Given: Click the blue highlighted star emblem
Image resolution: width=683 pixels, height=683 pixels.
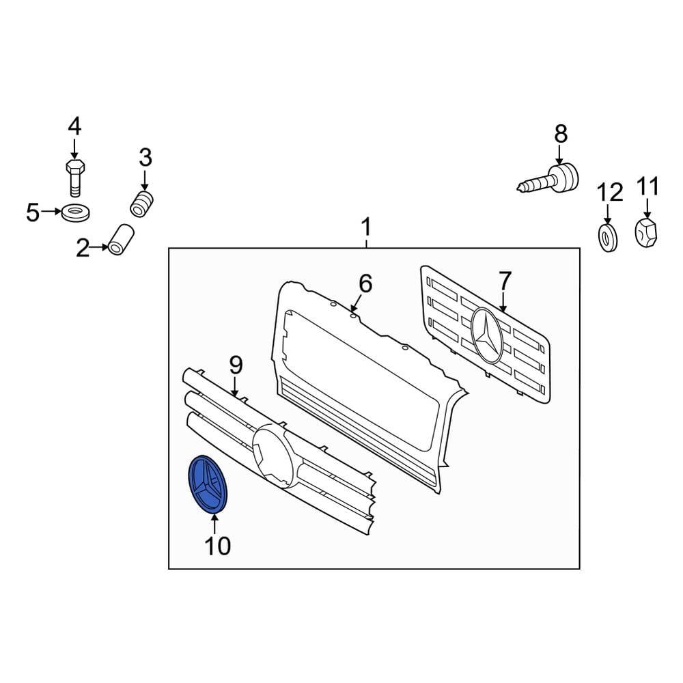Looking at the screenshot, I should click(x=208, y=484).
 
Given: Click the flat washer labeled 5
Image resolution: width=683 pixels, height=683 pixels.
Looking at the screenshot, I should click(x=75, y=212).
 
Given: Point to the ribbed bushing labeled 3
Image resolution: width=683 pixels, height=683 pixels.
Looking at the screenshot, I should click(x=142, y=204).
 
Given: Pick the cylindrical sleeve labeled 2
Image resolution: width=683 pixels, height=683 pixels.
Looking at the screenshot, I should click(x=121, y=240).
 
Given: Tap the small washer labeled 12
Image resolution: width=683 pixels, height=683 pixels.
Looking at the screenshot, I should click(x=607, y=236).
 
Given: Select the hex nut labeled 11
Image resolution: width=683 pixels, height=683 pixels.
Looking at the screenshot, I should click(x=647, y=233).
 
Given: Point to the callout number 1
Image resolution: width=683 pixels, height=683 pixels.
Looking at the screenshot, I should click(x=366, y=226).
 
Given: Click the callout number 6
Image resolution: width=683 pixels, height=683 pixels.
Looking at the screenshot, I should click(x=366, y=283).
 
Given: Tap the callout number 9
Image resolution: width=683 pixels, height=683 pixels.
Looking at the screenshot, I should click(x=235, y=365).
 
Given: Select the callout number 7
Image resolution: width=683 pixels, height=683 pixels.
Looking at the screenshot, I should click(x=505, y=281).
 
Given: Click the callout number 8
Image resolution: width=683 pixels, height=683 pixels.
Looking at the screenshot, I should click(x=560, y=133).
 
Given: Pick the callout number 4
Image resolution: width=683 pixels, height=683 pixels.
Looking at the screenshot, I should click(x=74, y=126).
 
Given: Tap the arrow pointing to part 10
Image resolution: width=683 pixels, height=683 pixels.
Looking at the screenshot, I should click(x=214, y=522).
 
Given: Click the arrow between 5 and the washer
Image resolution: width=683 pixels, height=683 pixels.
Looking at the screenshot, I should click(x=51, y=212).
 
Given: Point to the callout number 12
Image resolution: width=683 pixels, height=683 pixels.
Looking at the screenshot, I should click(x=611, y=192).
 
